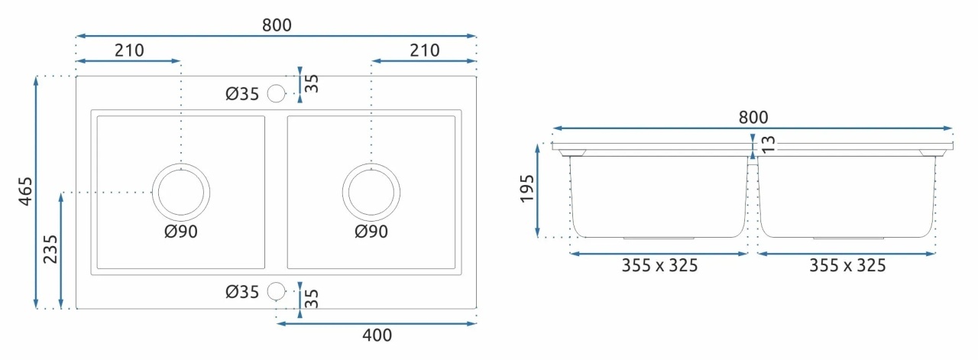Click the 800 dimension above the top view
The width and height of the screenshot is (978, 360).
click(x=277, y=25)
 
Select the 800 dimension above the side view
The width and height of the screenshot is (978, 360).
click(x=753, y=117)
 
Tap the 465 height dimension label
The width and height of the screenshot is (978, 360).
click(x=26, y=191)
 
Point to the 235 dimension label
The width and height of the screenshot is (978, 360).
click(x=50, y=249)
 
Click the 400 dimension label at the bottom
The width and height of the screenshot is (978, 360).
click(x=377, y=335)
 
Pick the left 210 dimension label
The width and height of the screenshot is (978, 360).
click(x=129, y=50)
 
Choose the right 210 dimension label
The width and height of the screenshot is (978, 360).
click(x=424, y=50)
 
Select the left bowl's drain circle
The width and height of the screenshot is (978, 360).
click(x=181, y=164)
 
